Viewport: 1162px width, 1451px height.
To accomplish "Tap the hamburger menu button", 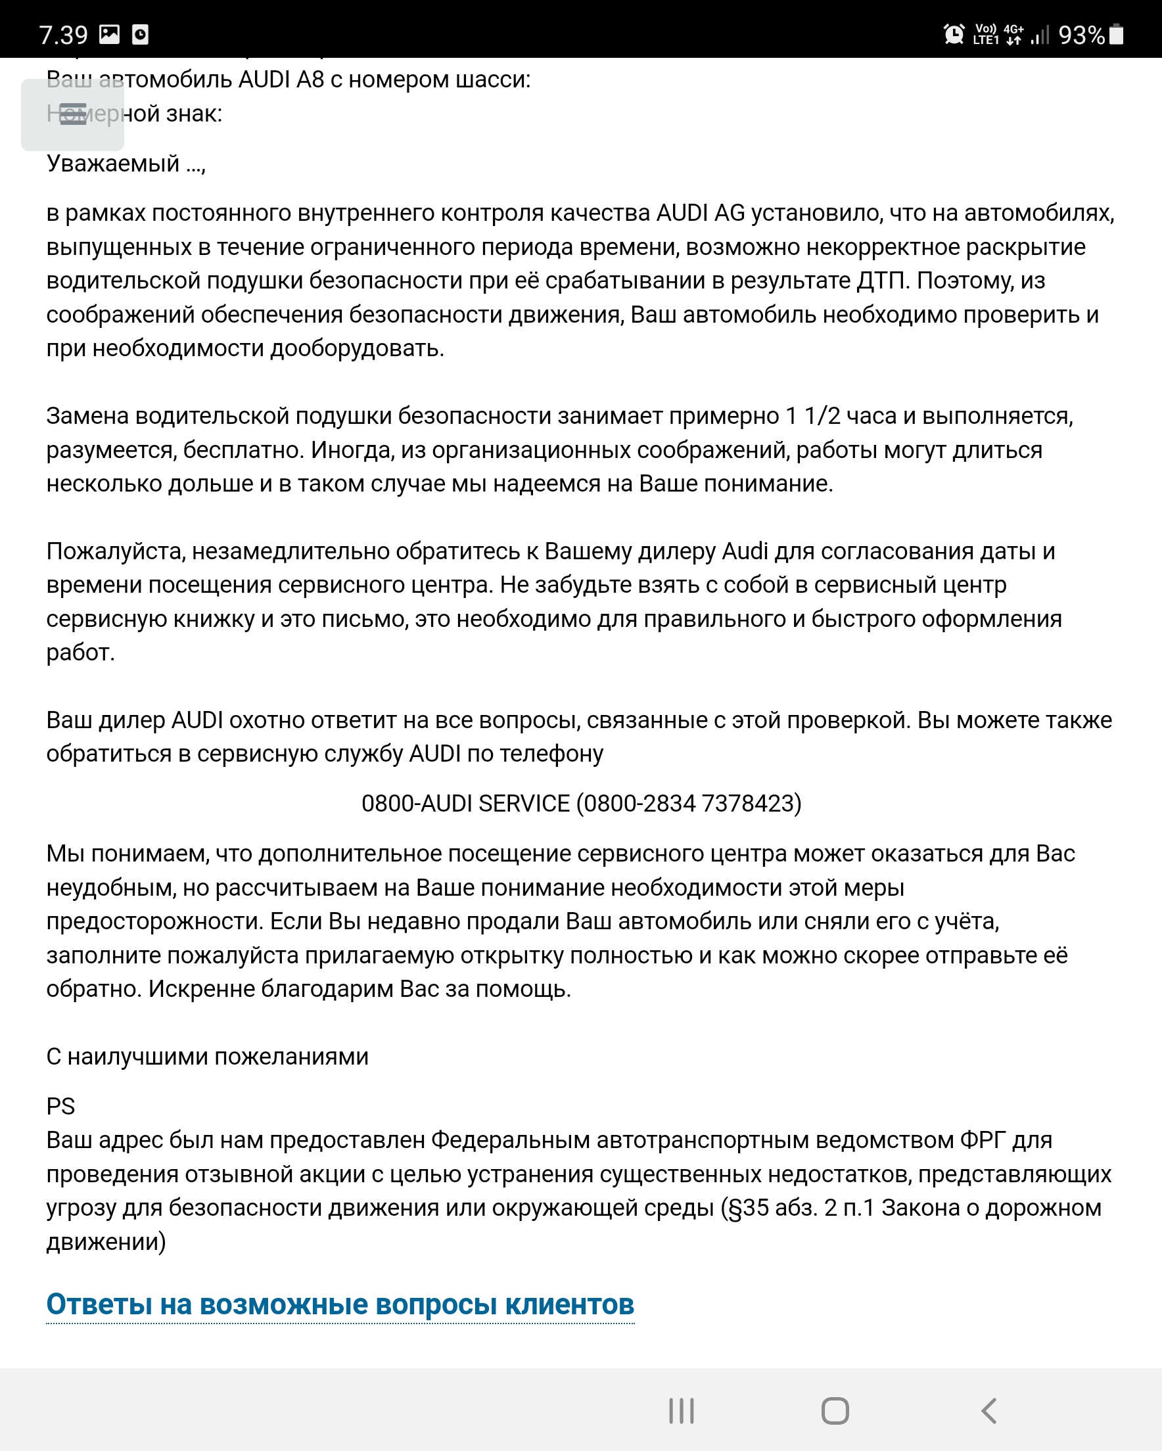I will (x=72, y=114).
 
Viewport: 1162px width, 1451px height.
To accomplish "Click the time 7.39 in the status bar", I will (x=63, y=35).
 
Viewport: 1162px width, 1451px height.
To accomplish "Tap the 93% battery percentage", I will (x=1081, y=35).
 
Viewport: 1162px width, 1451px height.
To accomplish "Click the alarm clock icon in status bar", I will (x=953, y=34).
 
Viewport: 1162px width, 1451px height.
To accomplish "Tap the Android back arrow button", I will (x=988, y=1411).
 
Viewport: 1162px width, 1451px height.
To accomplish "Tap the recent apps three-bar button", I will (x=682, y=1411).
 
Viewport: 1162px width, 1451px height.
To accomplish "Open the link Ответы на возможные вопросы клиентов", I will (x=340, y=1304).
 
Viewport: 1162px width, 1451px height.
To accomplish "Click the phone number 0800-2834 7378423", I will (x=691, y=804).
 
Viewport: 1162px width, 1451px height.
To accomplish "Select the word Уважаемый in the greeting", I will (x=112, y=164).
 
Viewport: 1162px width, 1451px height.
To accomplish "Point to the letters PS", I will (x=60, y=1107).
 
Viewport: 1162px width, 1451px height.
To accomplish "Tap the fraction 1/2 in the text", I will (x=823, y=416).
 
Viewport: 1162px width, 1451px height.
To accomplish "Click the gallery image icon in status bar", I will (x=109, y=34).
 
